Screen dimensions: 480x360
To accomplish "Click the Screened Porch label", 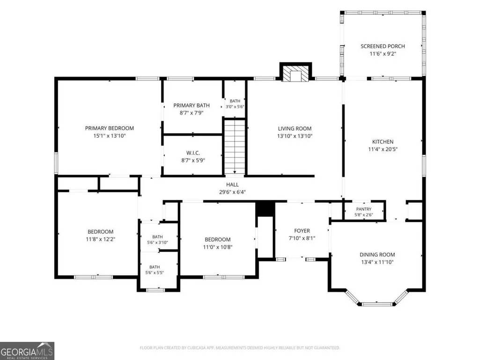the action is (x=383, y=46).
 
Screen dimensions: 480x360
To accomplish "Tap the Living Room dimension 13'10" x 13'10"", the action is (x=295, y=136).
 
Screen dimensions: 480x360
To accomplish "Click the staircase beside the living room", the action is (x=235, y=147).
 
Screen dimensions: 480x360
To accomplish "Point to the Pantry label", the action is (x=364, y=209).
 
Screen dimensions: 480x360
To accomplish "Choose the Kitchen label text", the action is (x=383, y=142).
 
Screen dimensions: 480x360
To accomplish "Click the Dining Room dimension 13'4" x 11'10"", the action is (x=377, y=262).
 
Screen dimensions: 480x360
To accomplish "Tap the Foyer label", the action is (x=302, y=231).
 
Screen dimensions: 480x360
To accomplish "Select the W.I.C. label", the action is (x=193, y=153).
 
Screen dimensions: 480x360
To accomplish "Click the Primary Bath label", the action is (x=192, y=105).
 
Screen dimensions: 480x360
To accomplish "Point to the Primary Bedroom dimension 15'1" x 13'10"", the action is (x=109, y=136).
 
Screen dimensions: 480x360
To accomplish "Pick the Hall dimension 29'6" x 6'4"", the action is (x=232, y=192).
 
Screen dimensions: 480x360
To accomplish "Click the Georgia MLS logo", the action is (x=27, y=351).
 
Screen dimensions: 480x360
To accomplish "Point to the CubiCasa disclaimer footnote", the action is (x=240, y=348).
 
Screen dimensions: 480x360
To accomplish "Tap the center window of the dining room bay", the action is (x=377, y=304).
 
